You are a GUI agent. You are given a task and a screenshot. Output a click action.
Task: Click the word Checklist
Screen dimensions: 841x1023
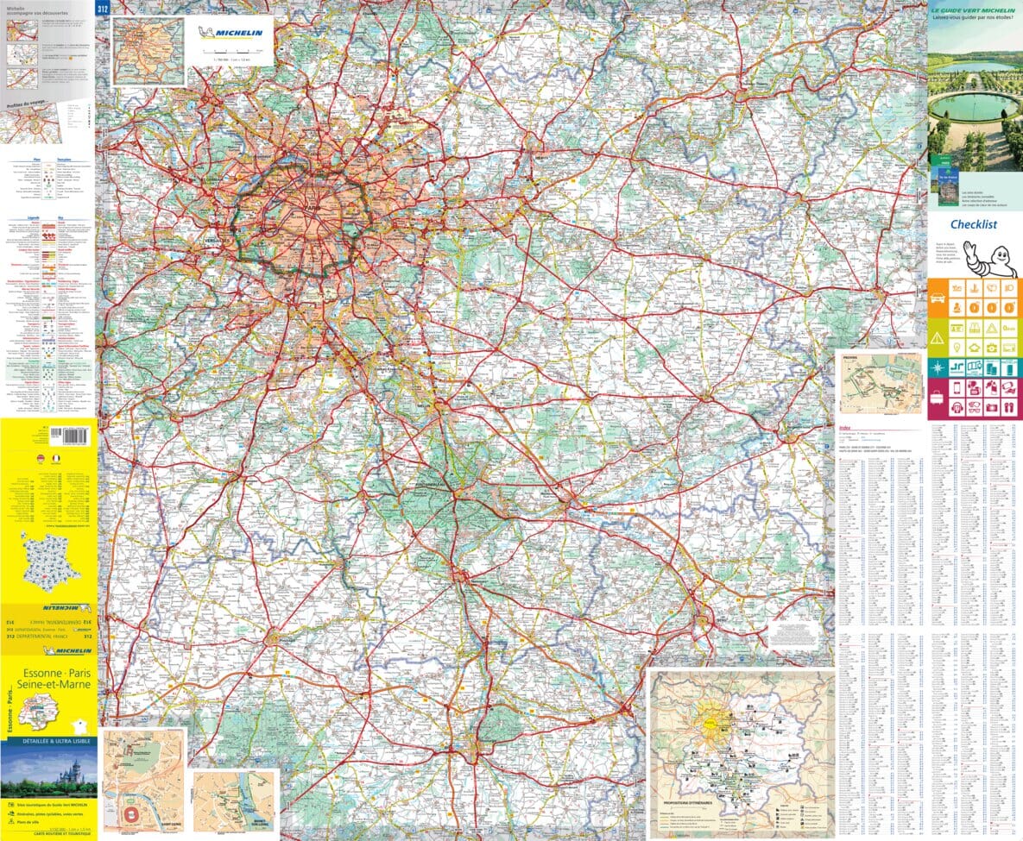click(974, 224)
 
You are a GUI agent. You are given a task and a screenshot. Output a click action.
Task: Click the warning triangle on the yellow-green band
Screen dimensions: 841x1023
click(939, 336)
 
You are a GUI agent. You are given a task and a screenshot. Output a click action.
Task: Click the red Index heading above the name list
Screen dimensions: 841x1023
click(844, 428)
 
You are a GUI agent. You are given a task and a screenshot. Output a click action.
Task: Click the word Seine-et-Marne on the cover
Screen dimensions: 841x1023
click(49, 684)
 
